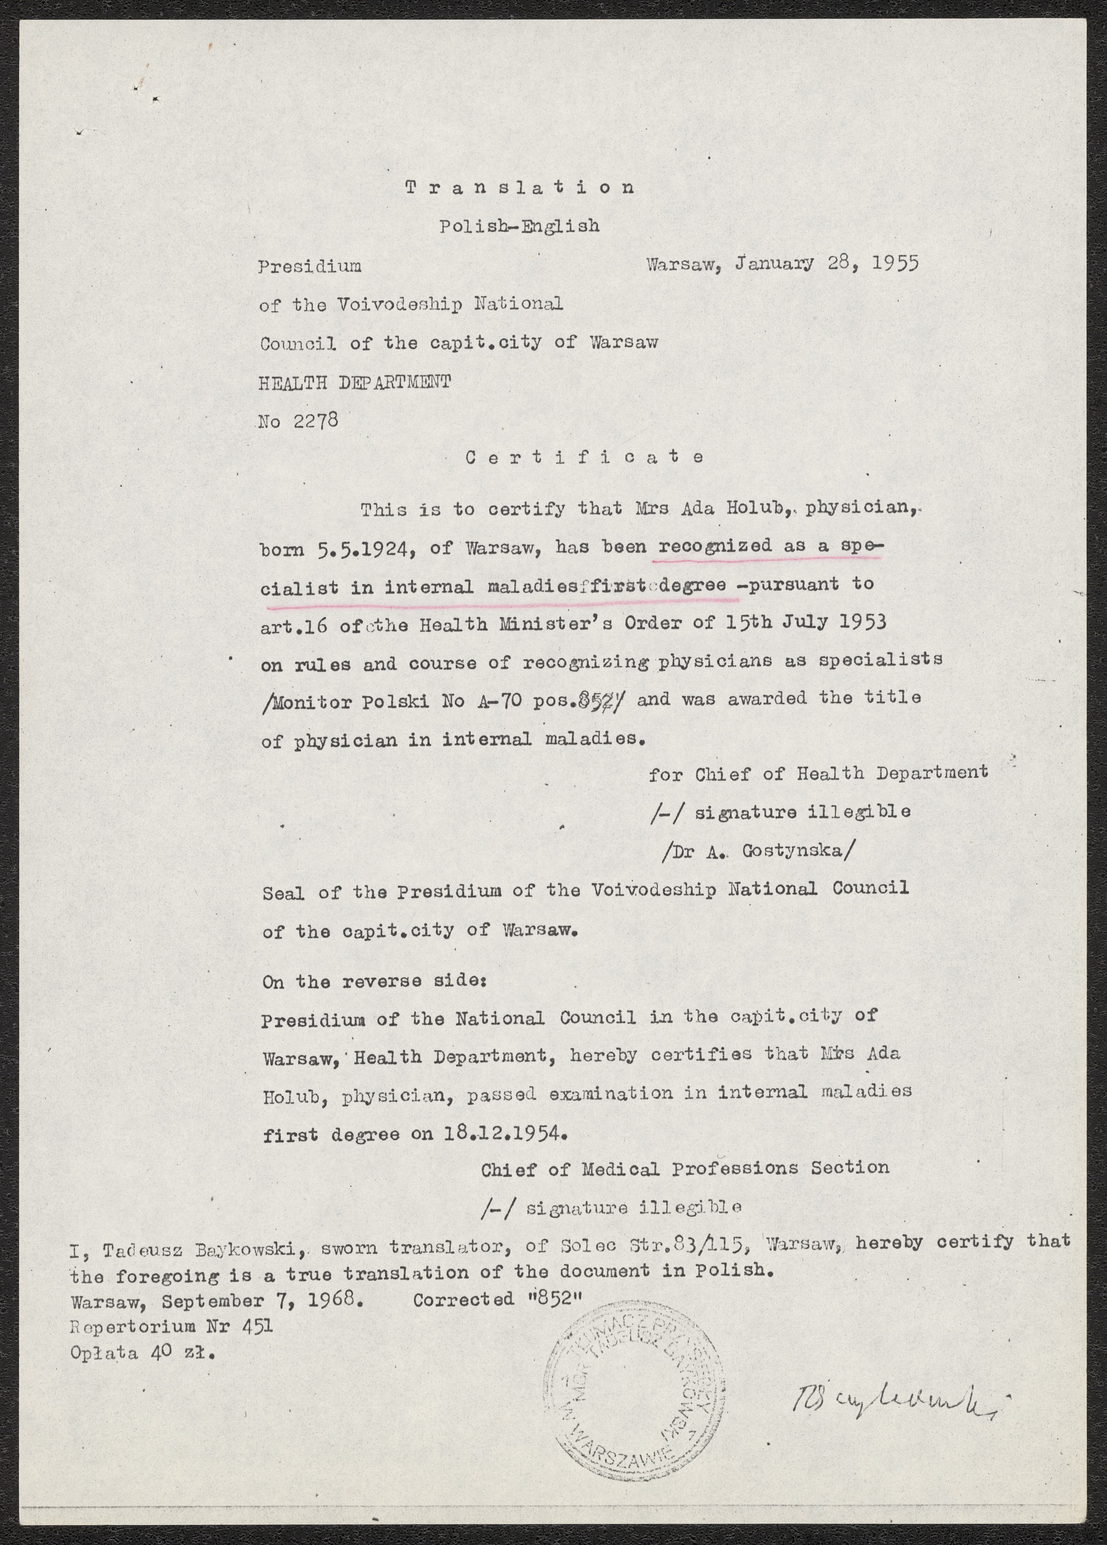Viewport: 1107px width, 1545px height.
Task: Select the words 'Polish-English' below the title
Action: click(519, 226)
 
